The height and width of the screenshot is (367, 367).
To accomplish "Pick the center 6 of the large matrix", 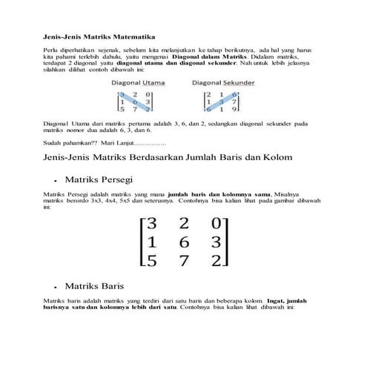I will tap(183, 241).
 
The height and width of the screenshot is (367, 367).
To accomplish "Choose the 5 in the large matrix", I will tap(151, 260).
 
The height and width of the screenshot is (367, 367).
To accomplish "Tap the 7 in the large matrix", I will tap(183, 260).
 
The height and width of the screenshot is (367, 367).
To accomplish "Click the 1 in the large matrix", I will tap(151, 241).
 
